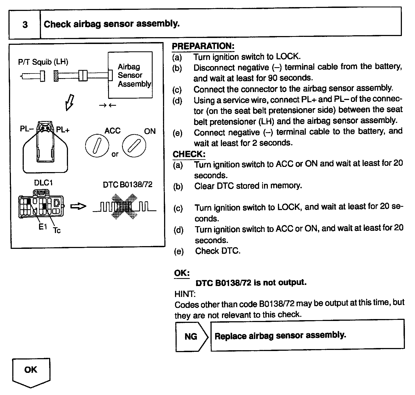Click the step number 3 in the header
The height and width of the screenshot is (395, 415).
tap(25, 25)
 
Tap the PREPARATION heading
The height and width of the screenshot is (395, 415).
tap(203, 46)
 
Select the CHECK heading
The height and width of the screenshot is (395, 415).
tap(189, 154)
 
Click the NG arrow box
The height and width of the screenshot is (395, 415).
tap(191, 336)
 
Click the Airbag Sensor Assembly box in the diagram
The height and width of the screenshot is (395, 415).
tap(131, 75)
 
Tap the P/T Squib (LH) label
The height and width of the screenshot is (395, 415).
tap(43, 62)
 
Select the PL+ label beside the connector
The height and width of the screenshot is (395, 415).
tap(63, 130)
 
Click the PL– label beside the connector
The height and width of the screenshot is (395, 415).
tap(26, 129)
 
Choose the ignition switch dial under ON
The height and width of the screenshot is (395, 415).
tap(134, 146)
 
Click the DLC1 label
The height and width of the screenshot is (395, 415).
tap(43, 182)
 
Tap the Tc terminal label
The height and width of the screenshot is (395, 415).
tap(57, 230)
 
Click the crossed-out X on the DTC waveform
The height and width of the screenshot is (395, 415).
tap(124, 207)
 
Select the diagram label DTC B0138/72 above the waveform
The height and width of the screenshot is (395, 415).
tap(128, 185)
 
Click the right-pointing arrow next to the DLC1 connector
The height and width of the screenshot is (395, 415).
tap(78, 206)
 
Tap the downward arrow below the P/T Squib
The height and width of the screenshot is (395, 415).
tap(70, 102)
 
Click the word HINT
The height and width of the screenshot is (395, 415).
tap(185, 294)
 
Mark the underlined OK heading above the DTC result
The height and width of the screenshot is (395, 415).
tap(182, 273)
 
